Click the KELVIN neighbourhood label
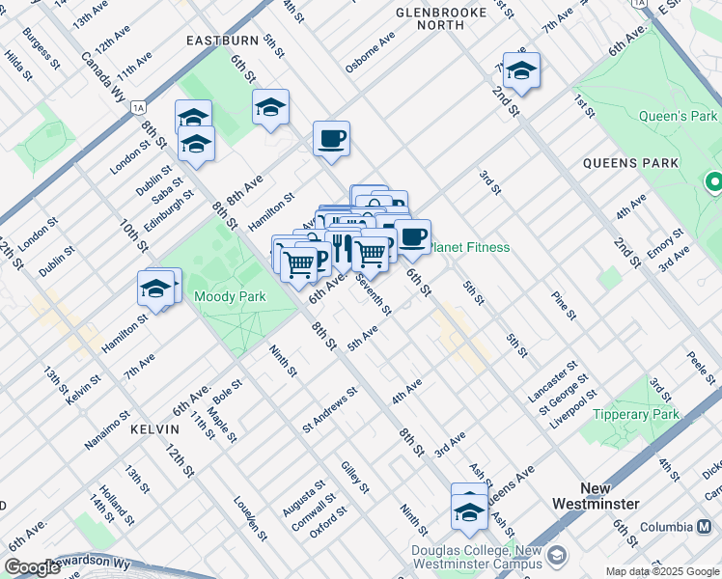click(155, 428)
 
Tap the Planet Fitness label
click(470, 248)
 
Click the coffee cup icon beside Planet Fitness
click(412, 236)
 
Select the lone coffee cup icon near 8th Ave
click(331, 139)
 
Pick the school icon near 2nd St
click(521, 70)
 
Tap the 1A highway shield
click(139, 108)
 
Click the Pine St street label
click(563, 302)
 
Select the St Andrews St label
click(330, 409)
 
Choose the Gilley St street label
click(354, 477)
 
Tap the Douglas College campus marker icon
click(555, 557)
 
